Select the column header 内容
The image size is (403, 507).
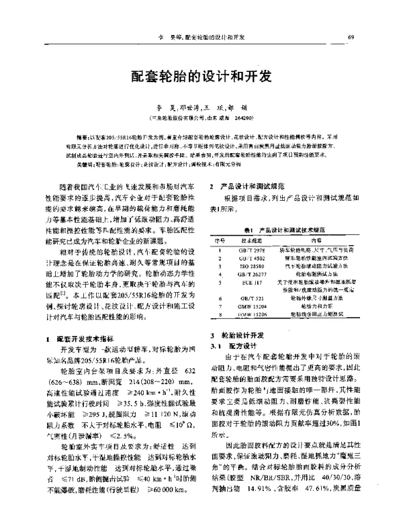coord(316,239)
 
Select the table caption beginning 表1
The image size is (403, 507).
coord(286,228)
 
